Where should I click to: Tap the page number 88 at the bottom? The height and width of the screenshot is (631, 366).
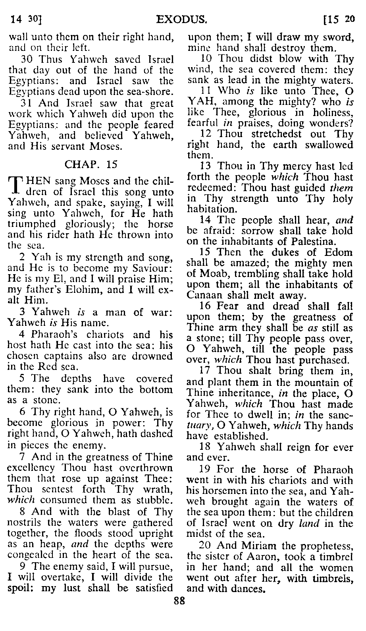point(180,601)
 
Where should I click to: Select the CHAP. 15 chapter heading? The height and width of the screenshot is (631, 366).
point(91,164)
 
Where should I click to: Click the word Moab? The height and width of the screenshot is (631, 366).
point(211,274)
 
